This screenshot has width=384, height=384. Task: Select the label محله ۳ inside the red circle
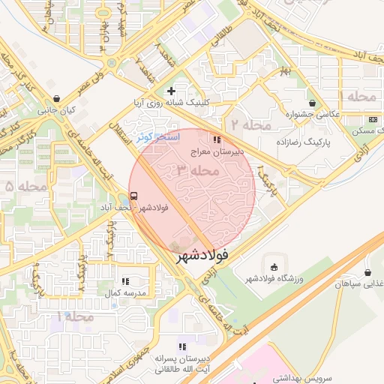tap(198, 171)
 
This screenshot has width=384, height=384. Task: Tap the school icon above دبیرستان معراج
tap(217, 139)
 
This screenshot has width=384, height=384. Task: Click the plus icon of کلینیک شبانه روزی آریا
tap(171, 91)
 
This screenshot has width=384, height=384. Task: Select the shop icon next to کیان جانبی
tap(57, 98)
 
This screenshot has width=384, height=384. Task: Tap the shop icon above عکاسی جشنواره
tap(313, 103)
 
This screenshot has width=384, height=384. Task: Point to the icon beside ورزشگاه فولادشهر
tap(274, 267)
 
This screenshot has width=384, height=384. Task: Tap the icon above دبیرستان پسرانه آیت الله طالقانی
tap(181, 346)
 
